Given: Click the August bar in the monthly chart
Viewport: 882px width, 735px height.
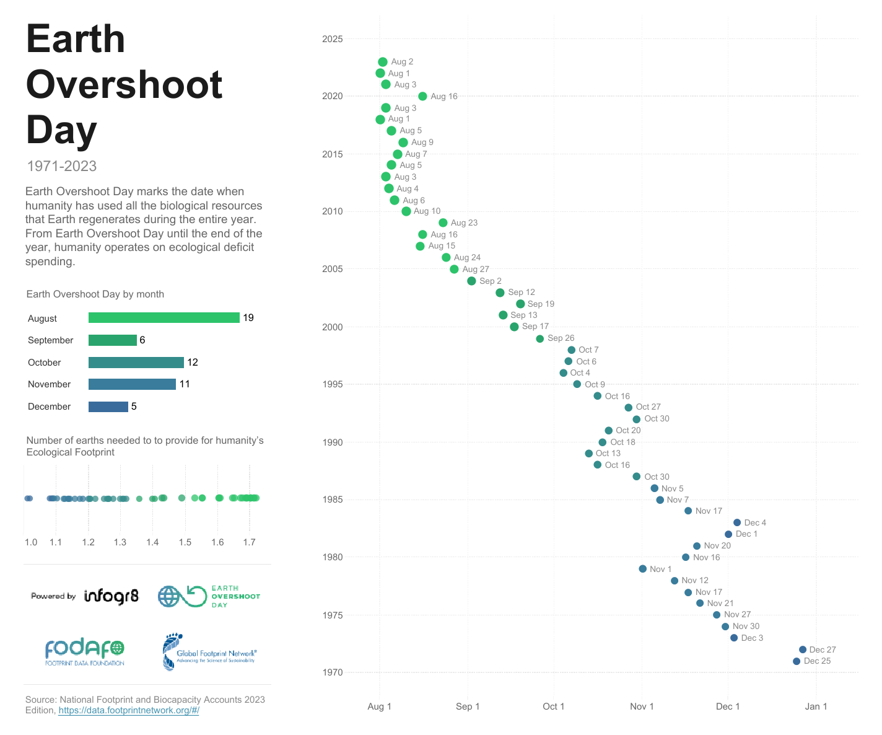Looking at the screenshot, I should tap(164, 318).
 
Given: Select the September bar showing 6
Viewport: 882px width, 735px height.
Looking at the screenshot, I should tap(112, 340).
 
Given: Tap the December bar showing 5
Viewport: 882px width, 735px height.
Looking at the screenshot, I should tap(108, 407).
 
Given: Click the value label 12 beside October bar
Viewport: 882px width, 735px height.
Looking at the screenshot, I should tap(193, 363).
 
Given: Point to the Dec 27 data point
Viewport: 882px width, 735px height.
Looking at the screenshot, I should tap(803, 649).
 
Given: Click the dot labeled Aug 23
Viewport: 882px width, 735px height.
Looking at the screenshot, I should tap(443, 222).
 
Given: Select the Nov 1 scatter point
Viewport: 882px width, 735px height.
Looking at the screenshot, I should tap(643, 569).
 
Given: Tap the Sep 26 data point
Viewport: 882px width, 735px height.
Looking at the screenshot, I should tap(540, 338).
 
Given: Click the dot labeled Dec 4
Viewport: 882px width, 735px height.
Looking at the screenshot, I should tap(737, 522).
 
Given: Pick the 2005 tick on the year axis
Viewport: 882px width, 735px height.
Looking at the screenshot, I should tap(332, 269).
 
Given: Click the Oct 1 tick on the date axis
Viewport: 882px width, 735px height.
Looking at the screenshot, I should tap(553, 706).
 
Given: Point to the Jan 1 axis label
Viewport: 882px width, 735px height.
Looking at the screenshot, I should tap(816, 706).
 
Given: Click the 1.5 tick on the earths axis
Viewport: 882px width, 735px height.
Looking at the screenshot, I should tap(185, 542).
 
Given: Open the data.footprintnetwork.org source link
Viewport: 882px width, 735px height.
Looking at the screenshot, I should tap(129, 710).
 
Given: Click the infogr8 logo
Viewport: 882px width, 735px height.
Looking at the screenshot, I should tap(111, 596).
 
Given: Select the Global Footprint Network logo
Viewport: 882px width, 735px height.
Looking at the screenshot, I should tap(209, 653).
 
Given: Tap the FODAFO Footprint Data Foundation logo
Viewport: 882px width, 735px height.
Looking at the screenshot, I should tap(84, 652).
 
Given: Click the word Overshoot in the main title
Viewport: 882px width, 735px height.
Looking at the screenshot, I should tap(124, 84).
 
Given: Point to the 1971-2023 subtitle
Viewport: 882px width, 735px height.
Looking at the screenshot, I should tap(62, 166).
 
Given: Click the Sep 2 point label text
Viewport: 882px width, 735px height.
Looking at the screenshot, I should tap(491, 281).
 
